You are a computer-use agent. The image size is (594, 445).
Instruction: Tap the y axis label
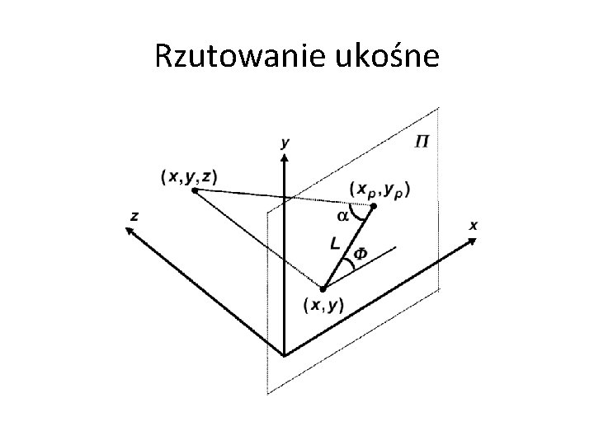coord(285,143)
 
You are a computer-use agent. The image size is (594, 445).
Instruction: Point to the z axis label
coord(134,216)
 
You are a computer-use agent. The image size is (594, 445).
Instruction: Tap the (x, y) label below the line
coord(324,306)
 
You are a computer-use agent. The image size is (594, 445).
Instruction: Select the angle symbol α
coord(342,216)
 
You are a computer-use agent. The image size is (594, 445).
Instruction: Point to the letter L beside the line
coord(333,244)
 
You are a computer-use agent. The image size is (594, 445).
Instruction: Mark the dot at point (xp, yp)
coord(374,206)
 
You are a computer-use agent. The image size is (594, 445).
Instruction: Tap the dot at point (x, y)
coord(323,288)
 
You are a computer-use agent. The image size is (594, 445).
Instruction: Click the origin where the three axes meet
coord(285,355)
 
